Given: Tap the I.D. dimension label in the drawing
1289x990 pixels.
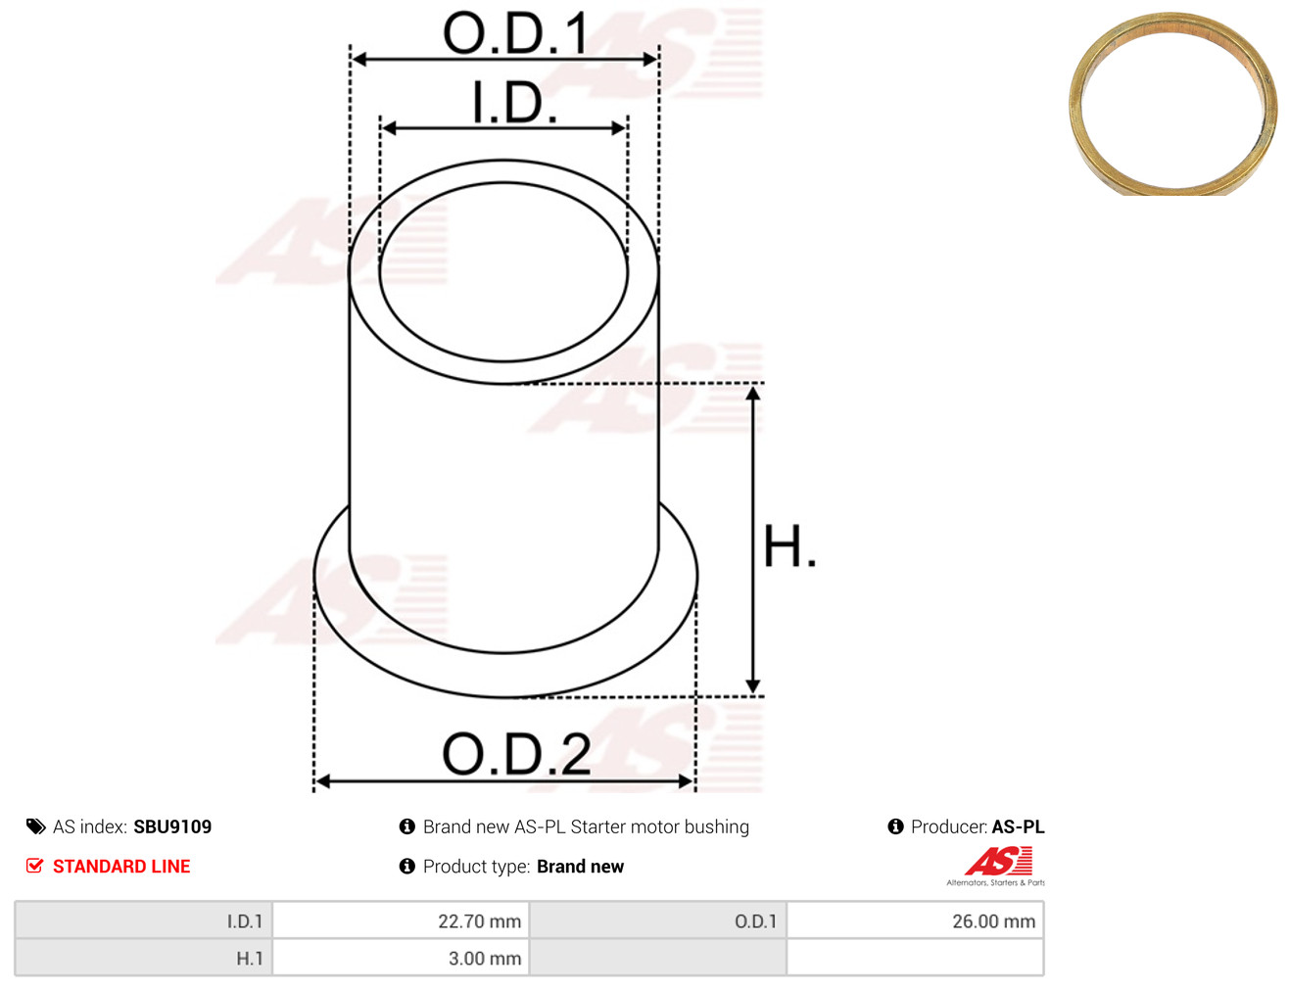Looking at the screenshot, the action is (x=514, y=102).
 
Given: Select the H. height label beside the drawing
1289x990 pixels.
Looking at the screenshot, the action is (x=788, y=545).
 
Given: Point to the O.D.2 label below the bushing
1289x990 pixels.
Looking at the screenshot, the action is (x=516, y=753).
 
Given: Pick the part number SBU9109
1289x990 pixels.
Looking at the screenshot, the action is (x=172, y=826).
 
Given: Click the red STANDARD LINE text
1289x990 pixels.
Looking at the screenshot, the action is (x=121, y=866).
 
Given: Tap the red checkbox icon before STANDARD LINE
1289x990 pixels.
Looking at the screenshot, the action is (x=34, y=866).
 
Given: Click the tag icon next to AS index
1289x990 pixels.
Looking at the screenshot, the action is (x=35, y=826).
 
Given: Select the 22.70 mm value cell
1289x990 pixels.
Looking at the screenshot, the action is (x=401, y=920).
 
